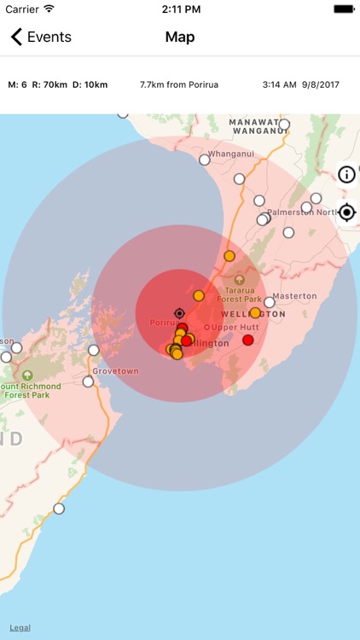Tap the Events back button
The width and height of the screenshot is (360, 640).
point(40,38)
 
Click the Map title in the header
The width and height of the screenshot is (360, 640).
point(180,38)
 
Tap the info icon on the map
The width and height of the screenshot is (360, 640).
point(346,175)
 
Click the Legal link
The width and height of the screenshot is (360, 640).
point(20,627)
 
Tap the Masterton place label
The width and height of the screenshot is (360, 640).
point(295,296)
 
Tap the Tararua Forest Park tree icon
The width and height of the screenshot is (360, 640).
point(239,279)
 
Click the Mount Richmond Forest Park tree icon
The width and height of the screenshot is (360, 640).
point(27,375)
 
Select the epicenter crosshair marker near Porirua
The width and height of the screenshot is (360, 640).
point(179,313)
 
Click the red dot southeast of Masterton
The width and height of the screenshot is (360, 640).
point(248,340)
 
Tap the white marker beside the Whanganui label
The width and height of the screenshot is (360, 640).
point(205,160)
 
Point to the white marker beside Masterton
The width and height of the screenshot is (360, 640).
point(270,302)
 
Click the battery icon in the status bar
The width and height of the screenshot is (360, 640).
point(344,9)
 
